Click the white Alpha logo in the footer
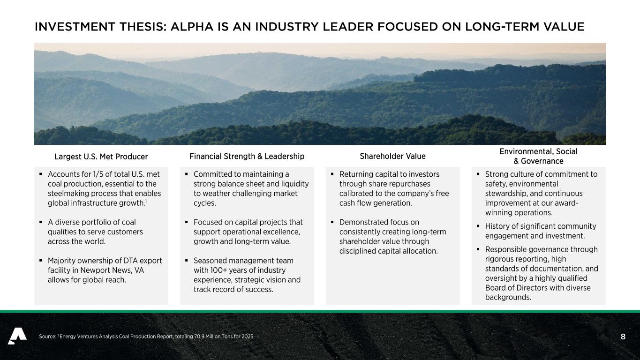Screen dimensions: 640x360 17,336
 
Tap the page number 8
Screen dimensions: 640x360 623,337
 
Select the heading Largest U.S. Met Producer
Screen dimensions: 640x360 101,157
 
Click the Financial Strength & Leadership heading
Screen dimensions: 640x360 247,156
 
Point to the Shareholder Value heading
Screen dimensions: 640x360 392,156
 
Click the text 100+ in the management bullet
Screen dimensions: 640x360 218,270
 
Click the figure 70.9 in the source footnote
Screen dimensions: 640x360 199,337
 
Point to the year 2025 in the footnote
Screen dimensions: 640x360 248,337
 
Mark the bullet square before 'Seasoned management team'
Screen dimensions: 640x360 186,261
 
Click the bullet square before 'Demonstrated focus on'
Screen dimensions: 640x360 332,222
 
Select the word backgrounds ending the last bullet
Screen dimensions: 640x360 508,298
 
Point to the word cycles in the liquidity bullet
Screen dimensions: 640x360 204,203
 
